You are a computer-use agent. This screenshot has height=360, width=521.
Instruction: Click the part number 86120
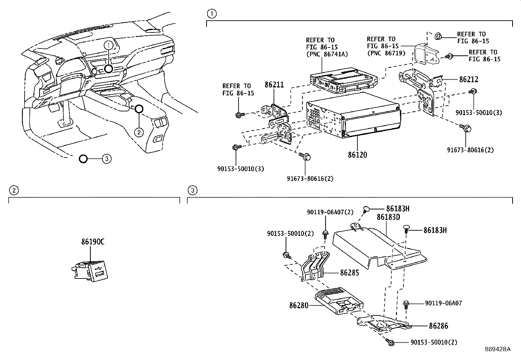(x=357, y=155)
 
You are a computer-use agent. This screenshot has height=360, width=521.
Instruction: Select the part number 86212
(x=469, y=79)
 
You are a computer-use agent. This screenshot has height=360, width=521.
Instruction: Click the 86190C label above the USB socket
(x=93, y=242)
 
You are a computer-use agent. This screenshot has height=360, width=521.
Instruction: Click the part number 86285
(x=350, y=273)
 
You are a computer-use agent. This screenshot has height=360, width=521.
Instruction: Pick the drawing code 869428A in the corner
(x=497, y=349)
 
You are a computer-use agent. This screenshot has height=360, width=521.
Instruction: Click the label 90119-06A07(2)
(x=330, y=212)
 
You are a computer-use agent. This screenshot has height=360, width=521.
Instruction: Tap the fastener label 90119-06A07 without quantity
(x=443, y=303)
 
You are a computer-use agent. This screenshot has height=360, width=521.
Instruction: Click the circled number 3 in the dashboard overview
(x=107, y=159)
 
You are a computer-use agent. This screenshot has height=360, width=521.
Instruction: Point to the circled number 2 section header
(x=13, y=190)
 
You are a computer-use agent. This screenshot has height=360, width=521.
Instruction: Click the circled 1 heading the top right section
(x=212, y=13)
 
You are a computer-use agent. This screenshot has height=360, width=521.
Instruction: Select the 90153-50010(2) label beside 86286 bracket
(x=434, y=342)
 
